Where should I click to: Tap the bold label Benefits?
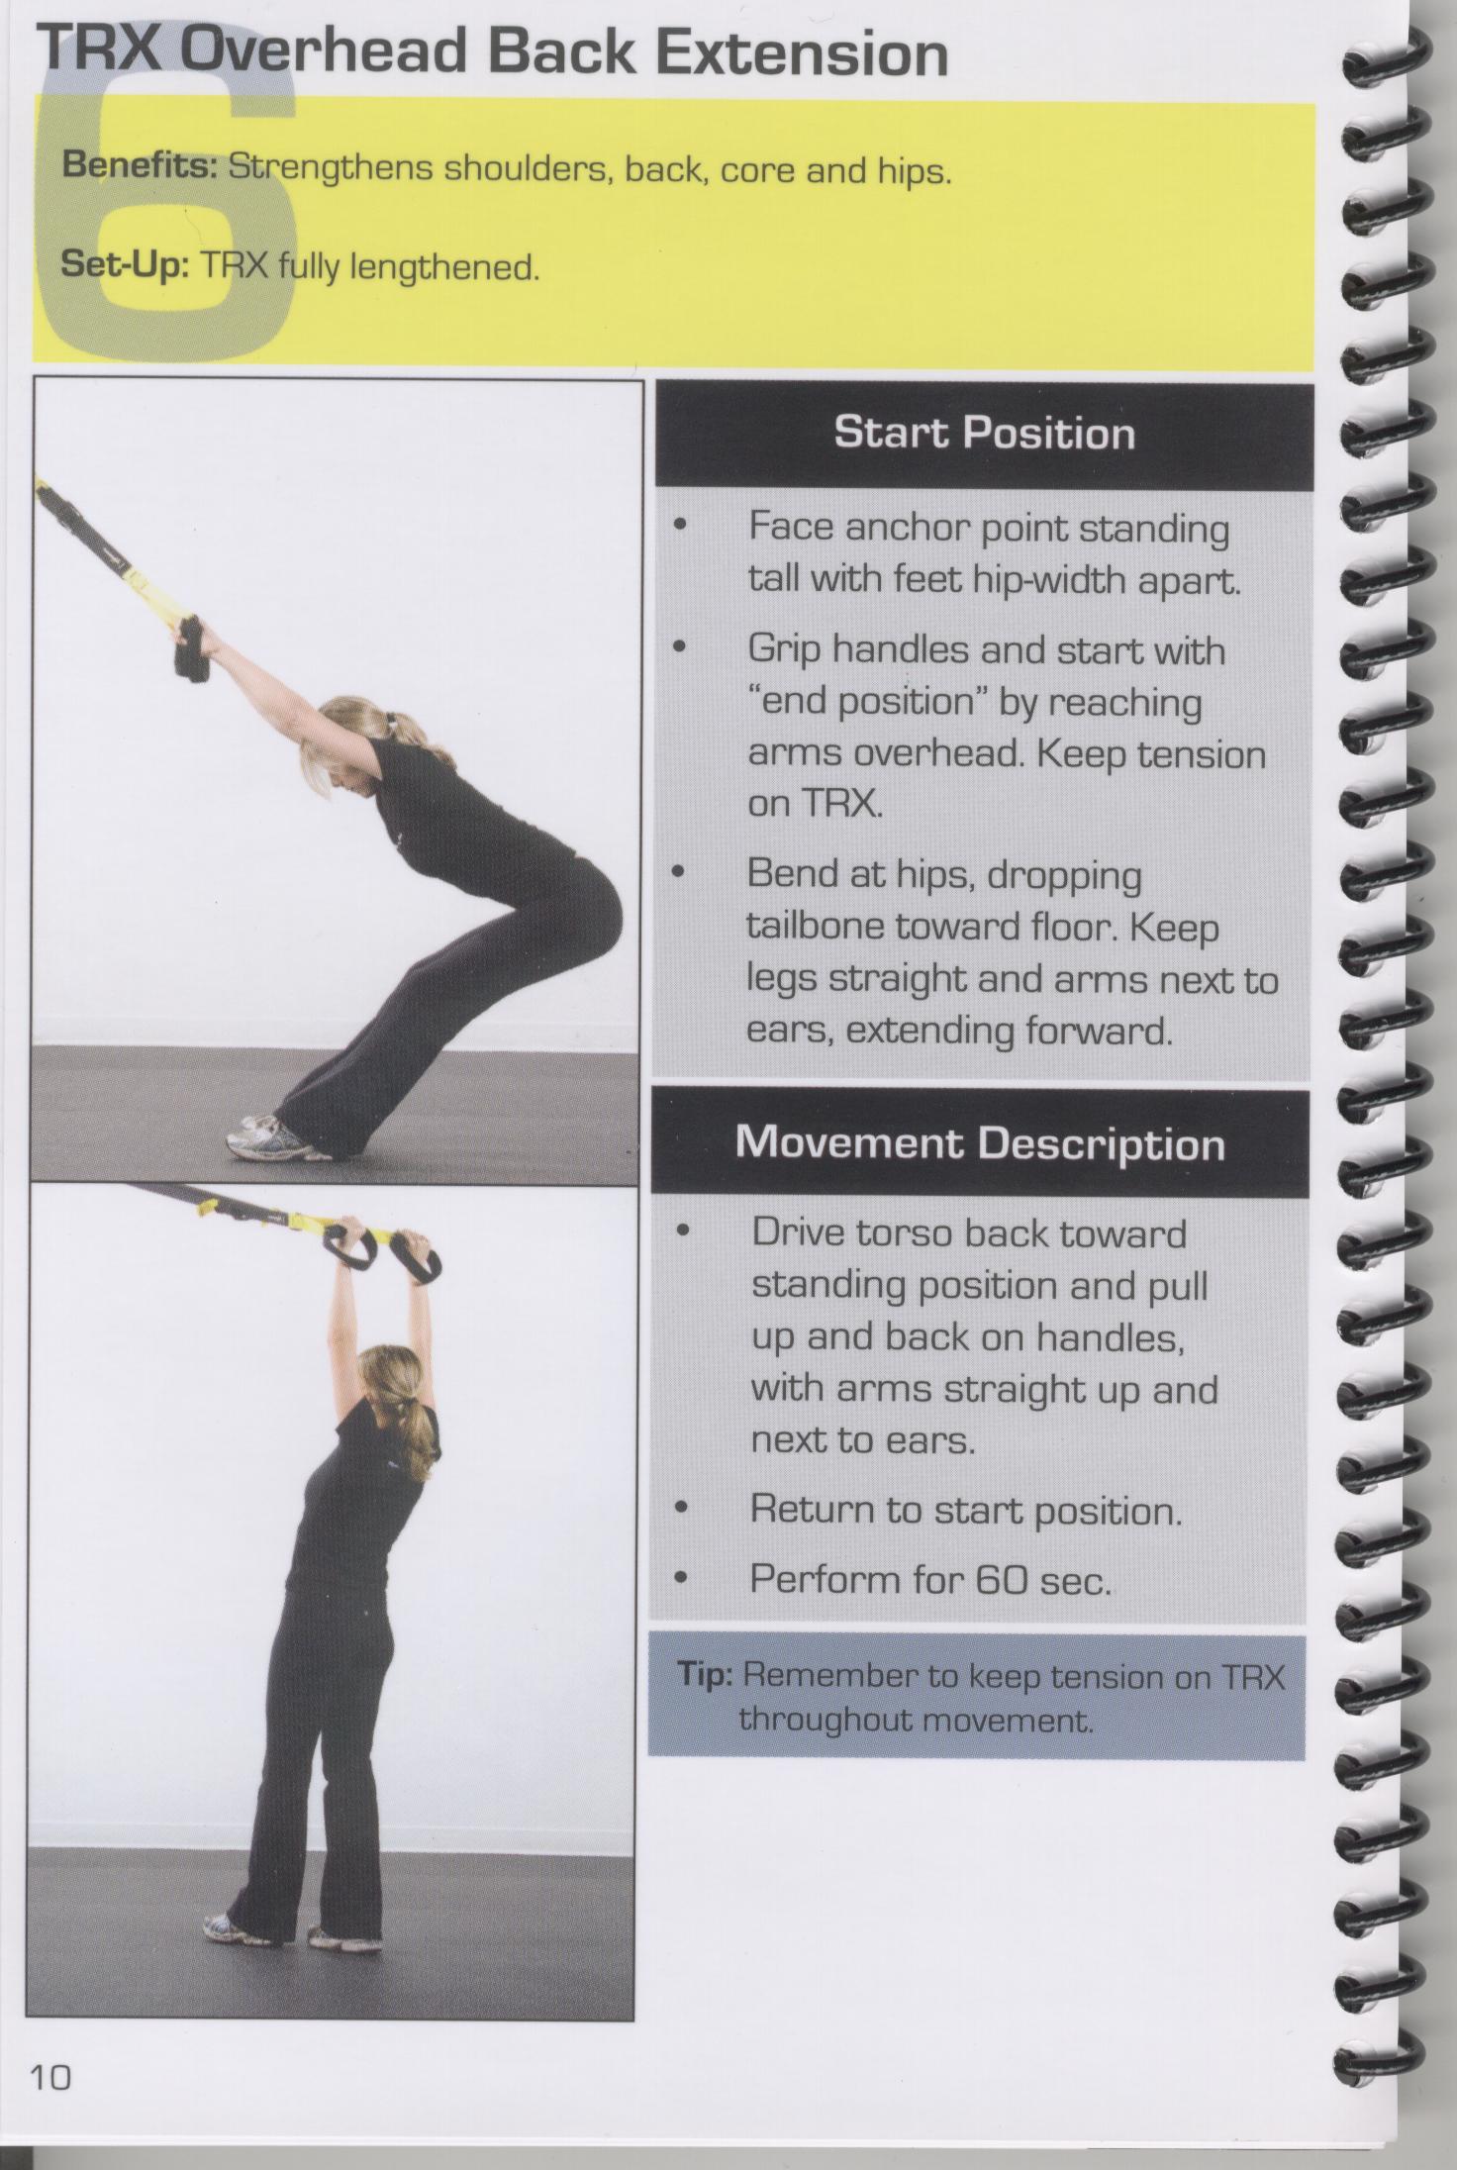[140, 165]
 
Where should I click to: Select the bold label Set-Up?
[125, 264]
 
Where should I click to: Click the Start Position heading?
[984, 434]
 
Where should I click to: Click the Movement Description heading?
[980, 1143]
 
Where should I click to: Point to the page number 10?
[51, 2076]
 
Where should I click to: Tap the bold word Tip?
[705, 1676]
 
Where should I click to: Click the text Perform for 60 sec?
[930, 1579]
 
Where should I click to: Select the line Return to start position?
[966, 1511]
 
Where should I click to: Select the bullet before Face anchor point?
[679, 528]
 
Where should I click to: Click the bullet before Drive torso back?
[682, 1233]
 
